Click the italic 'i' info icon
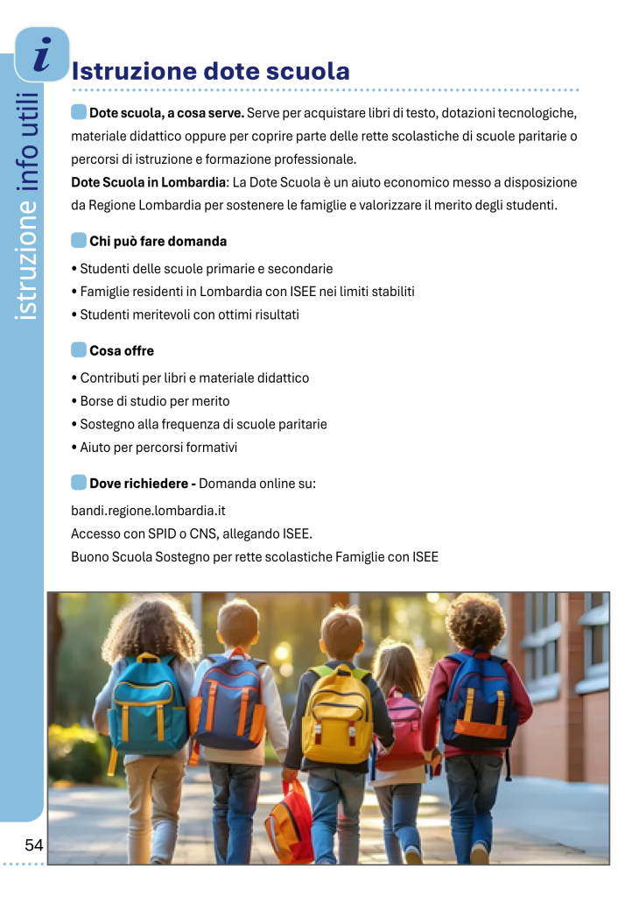(x=41, y=54)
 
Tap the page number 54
(x=34, y=845)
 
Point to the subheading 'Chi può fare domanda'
(x=158, y=241)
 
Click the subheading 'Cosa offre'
(x=122, y=350)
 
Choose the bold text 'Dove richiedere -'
(x=142, y=483)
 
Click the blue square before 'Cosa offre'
(x=79, y=350)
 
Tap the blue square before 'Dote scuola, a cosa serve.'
(x=79, y=112)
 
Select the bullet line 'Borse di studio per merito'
(x=154, y=401)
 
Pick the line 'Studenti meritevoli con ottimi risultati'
(x=189, y=314)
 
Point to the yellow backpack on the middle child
(x=336, y=714)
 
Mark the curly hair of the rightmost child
(x=474, y=620)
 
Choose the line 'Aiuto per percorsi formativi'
(x=158, y=447)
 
